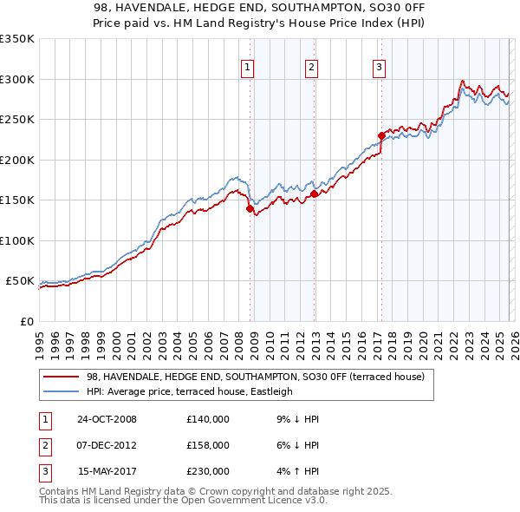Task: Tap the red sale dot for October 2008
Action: (x=250, y=209)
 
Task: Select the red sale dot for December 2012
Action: (x=314, y=194)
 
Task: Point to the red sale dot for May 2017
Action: (x=381, y=135)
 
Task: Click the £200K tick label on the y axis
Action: (x=16, y=160)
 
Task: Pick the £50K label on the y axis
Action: (x=20, y=281)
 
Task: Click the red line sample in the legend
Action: (x=62, y=377)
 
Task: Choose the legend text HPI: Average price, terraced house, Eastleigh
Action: (x=190, y=391)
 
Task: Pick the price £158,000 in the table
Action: (x=207, y=445)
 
